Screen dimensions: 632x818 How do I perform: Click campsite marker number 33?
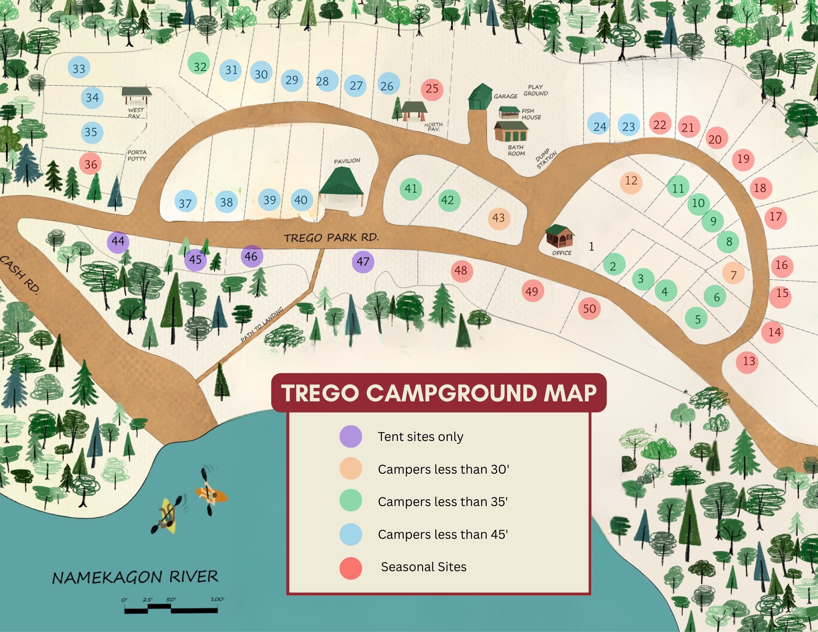pos(79,68)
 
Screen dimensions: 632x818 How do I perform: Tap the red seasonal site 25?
pos(432,89)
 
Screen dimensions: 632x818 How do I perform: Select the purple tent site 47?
pos(363,261)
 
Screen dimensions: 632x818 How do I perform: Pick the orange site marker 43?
pos(499,218)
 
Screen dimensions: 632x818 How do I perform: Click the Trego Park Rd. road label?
pos(331,237)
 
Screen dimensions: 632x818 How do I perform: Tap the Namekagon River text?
pos(135,577)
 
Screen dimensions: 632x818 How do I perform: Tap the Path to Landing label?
pos(261,324)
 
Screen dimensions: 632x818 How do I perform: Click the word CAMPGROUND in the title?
pos(451,393)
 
